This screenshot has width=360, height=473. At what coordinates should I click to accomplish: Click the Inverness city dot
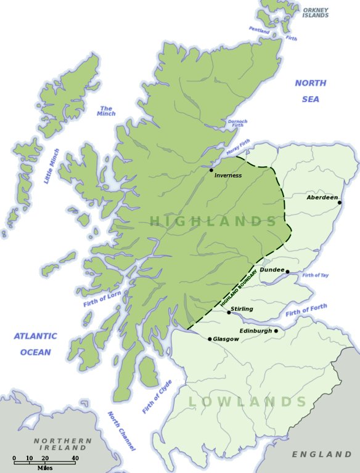click(211, 170)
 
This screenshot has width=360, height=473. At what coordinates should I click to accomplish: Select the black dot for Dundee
click(287, 271)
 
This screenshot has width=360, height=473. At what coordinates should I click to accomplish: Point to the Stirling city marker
click(229, 312)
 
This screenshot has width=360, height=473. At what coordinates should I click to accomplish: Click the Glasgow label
click(226, 339)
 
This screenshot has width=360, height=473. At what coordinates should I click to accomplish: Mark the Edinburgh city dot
click(276, 331)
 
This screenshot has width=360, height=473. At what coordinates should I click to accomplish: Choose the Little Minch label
click(52, 166)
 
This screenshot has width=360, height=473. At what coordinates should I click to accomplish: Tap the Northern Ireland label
click(63, 444)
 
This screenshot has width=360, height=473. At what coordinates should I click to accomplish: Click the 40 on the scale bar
click(75, 458)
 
